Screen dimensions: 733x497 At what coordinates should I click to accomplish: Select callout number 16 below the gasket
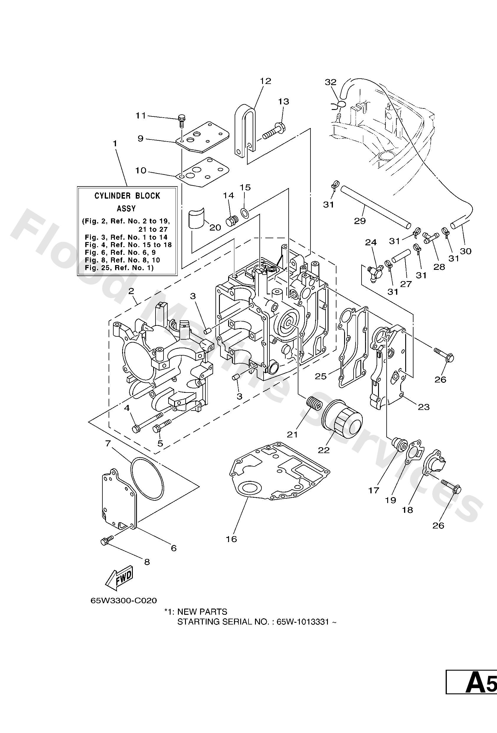point(231,539)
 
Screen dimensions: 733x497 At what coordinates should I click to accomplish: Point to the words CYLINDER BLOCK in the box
point(127,196)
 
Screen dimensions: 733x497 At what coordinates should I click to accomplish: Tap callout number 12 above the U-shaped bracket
point(266,81)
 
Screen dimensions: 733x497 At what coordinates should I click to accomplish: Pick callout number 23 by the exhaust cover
point(424,407)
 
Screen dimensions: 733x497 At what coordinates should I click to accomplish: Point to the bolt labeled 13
point(274,132)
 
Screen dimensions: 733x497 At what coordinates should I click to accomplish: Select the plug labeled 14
point(231,221)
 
